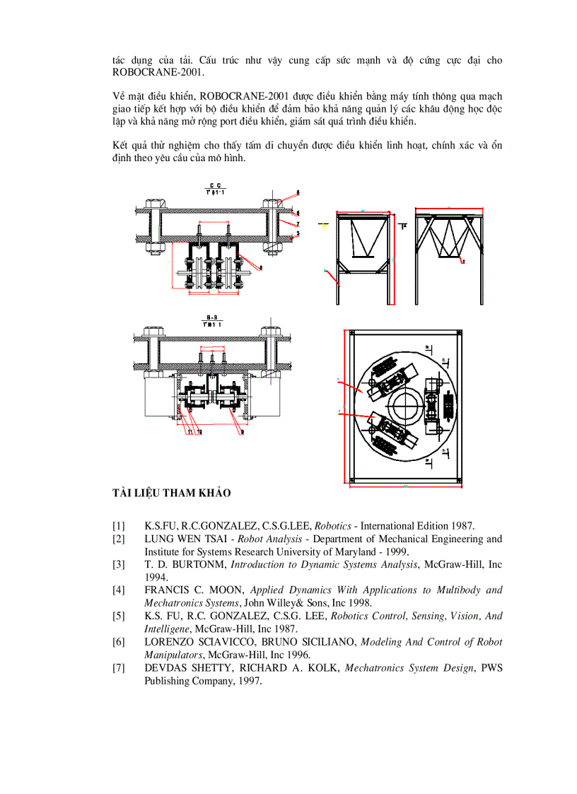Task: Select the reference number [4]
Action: click(x=119, y=590)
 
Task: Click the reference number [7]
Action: click(x=119, y=668)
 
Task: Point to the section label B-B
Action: click(x=211, y=317)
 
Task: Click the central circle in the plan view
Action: click(x=402, y=408)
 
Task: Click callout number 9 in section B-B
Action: click(x=243, y=431)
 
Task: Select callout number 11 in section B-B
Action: click(x=189, y=431)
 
